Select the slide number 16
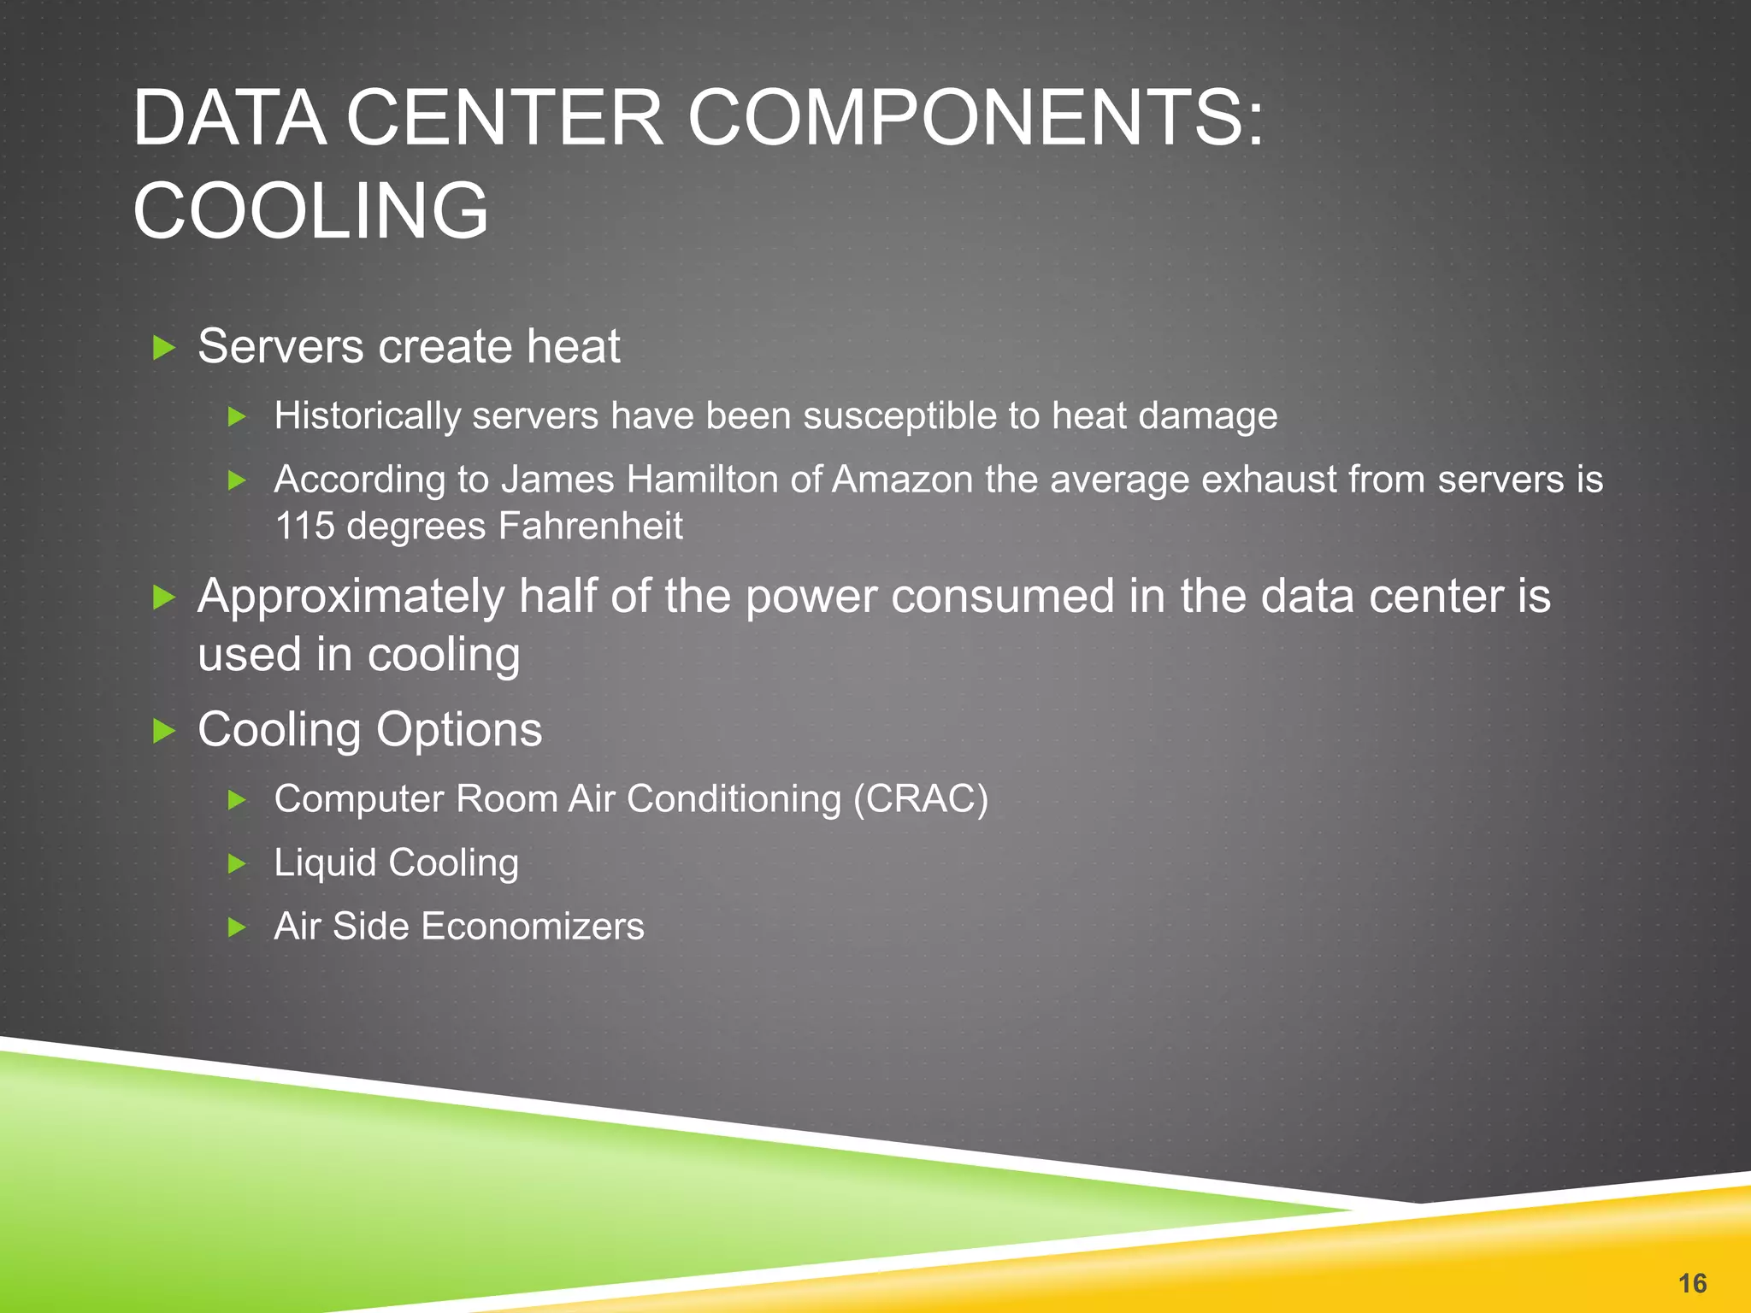(x=1692, y=1283)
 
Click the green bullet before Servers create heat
(x=163, y=348)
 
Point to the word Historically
(x=367, y=416)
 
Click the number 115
(x=304, y=526)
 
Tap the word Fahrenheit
(x=590, y=526)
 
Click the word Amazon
(x=902, y=480)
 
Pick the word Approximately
(x=351, y=597)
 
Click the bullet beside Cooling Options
(x=163, y=731)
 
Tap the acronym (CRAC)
(x=920, y=799)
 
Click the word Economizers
(x=532, y=927)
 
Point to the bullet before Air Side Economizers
(x=238, y=927)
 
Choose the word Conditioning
(x=734, y=799)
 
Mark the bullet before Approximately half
(x=163, y=598)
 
